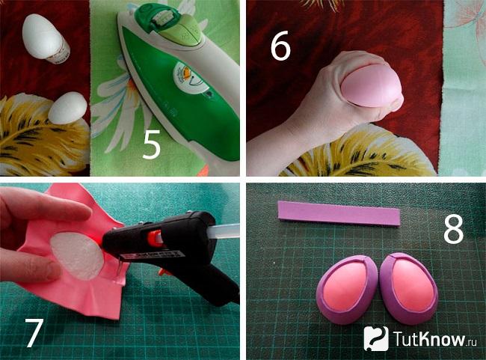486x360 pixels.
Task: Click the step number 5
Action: click(152, 145)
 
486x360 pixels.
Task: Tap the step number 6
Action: click(280, 47)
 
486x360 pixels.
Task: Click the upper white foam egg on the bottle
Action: click(42, 36)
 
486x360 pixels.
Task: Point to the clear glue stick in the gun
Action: click(223, 231)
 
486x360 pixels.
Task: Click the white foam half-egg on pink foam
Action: click(76, 257)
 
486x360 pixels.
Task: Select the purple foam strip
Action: click(339, 213)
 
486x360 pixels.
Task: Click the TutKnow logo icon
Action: click(376, 338)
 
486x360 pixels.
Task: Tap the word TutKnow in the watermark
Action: click(429, 338)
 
